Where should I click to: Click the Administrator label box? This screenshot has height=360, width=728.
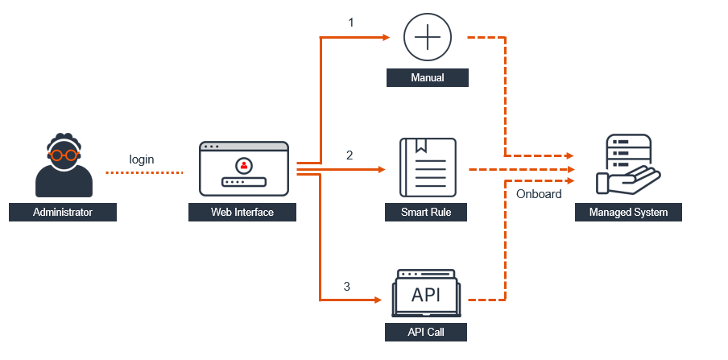tap(63, 213)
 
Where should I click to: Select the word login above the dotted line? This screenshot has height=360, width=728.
tap(142, 159)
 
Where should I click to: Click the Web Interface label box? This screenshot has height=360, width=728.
tap(242, 213)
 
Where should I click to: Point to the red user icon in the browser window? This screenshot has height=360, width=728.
tap(243, 165)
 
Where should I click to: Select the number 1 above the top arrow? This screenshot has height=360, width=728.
tap(350, 23)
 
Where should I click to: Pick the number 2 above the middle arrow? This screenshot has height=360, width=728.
tap(350, 155)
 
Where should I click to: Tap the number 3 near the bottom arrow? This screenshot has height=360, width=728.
tap(347, 286)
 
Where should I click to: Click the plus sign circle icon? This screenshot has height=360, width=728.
tap(427, 38)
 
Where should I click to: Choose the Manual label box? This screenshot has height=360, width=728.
tap(427, 78)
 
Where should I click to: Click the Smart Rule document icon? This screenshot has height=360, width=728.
tap(428, 168)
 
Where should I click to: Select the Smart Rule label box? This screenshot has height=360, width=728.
tap(427, 213)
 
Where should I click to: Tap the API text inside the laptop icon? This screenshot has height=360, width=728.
tap(426, 295)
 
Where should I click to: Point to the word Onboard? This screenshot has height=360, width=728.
tap(539, 193)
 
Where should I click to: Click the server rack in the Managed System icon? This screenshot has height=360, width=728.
tap(628, 151)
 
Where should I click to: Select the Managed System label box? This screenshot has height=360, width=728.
tap(628, 213)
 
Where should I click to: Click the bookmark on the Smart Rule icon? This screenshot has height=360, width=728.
tap(418, 147)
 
